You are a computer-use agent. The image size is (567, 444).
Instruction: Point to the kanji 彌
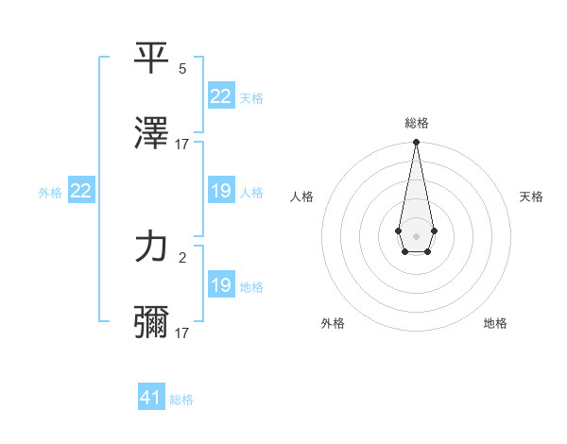point(151,322)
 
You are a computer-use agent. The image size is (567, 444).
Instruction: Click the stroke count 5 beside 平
point(182,69)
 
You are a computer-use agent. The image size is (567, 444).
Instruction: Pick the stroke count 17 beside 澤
point(182,145)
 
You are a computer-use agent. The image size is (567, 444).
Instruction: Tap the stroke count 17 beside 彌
point(182,333)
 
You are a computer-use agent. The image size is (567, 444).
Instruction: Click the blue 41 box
point(151,398)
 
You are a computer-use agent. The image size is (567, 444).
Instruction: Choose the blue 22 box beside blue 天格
point(220,96)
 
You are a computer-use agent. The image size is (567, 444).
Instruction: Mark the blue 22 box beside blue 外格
point(80,191)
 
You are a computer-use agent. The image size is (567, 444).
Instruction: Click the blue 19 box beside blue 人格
point(220,192)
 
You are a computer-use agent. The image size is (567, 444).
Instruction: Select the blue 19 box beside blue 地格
point(220,285)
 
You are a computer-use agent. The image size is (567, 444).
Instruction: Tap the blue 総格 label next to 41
point(181,400)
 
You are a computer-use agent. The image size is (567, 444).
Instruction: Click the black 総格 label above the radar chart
point(416,123)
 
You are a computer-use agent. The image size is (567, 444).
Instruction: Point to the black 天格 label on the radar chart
point(531,196)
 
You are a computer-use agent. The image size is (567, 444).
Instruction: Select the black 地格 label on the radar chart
point(495,323)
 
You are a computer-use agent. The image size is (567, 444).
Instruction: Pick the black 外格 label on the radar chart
point(333,323)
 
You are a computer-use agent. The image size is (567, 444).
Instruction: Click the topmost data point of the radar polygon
point(416,143)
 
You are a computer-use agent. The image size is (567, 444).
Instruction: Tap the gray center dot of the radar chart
point(416,234)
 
